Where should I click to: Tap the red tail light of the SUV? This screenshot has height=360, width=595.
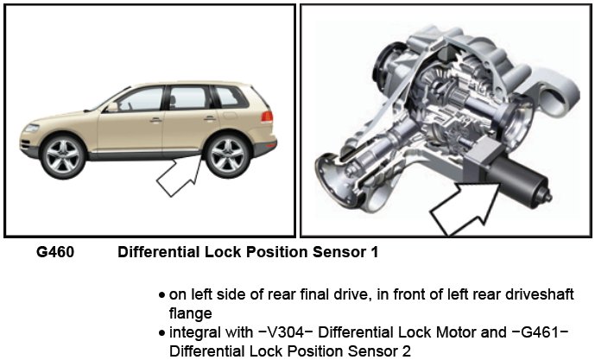pyautogui.click(x=267, y=115)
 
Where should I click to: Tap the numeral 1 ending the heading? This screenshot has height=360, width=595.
pyautogui.click(x=374, y=254)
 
